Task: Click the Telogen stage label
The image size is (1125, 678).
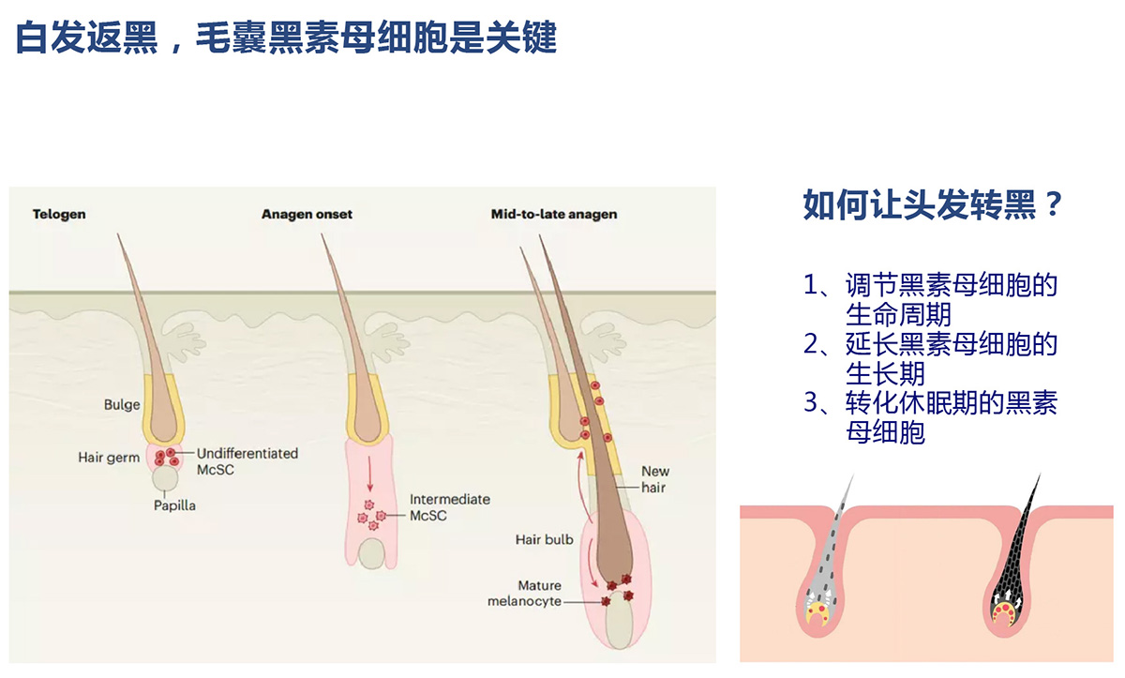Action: pos(59,215)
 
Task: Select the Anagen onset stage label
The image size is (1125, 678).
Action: pos(307,215)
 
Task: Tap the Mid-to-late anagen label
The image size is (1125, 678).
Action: pos(554,215)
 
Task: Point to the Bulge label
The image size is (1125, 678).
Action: pos(122,405)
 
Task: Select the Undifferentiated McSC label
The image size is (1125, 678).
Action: pos(247,460)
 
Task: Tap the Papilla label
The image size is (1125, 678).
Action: pos(175,505)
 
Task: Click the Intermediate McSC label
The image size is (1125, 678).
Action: pos(449,507)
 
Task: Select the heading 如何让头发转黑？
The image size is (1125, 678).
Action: pos(934,205)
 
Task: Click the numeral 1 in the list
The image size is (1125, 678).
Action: pos(812,285)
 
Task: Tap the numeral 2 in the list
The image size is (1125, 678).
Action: pos(812,344)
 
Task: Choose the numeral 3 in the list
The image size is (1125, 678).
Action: pos(812,403)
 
